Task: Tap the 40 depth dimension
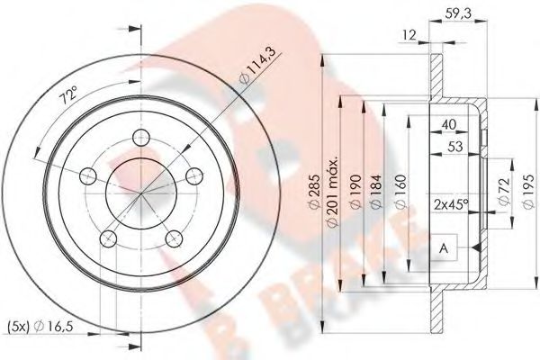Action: (447, 127)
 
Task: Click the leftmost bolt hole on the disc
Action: (88, 175)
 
